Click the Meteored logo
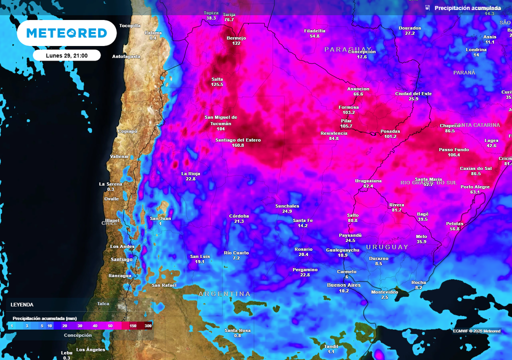[x=66, y=33]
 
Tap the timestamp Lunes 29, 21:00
[x=66, y=55]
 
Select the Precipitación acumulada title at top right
[x=467, y=8]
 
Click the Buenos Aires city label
[x=343, y=285]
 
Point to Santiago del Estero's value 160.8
[x=238, y=145]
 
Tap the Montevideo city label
[x=384, y=292]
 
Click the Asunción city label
[x=358, y=89]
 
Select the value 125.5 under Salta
[x=217, y=85]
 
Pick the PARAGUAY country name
[x=348, y=49]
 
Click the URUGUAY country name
[x=387, y=247]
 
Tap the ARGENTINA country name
[x=224, y=293]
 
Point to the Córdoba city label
[x=239, y=216]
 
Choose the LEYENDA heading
[x=22, y=304]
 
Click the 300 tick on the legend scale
[x=148, y=326]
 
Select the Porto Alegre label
[x=475, y=187]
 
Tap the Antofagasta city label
[x=126, y=56]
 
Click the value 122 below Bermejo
[x=236, y=43]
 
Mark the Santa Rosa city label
[x=237, y=330]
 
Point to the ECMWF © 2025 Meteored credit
[x=476, y=331]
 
